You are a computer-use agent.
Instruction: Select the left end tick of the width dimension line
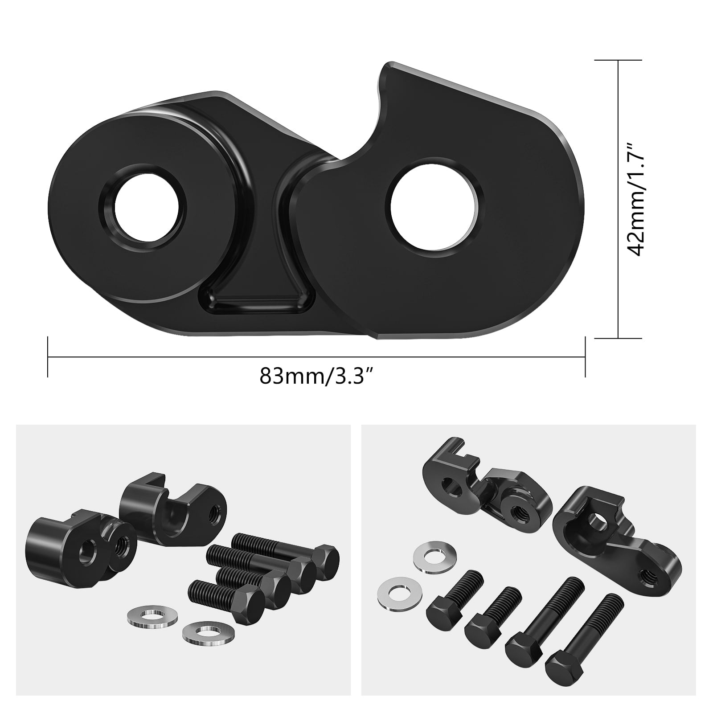48,356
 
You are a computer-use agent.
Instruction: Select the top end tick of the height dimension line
619,60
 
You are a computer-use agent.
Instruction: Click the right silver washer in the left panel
203,636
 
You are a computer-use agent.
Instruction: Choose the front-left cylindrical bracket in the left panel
76,550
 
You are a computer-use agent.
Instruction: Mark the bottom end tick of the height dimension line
619,338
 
